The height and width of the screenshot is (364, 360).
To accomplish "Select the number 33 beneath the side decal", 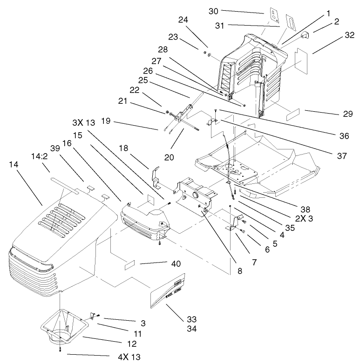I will click(x=192, y=319).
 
